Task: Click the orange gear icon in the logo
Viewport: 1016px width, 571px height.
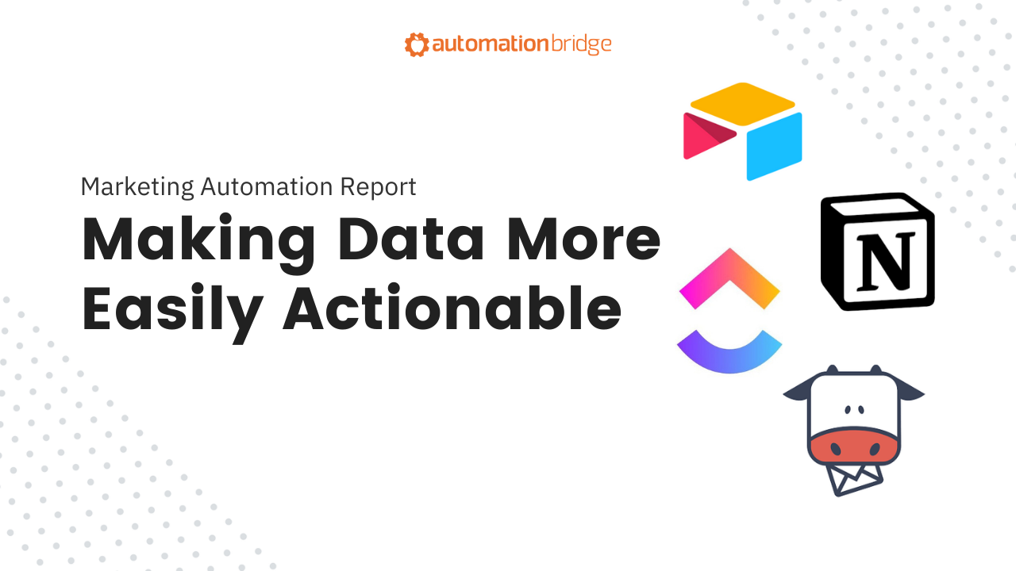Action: [417, 44]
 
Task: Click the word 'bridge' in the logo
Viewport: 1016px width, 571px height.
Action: [581, 44]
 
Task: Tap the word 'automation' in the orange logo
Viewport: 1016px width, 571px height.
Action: [491, 44]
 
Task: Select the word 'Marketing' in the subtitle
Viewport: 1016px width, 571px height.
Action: [137, 187]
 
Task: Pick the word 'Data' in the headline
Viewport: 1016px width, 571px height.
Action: [411, 240]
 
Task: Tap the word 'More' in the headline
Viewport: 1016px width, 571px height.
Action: [583, 240]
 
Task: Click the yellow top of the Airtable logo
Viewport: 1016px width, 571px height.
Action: [742, 104]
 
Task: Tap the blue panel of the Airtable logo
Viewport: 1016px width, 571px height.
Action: [774, 147]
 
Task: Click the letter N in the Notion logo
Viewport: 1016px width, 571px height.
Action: [885, 261]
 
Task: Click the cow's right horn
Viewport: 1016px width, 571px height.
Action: [876, 370]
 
